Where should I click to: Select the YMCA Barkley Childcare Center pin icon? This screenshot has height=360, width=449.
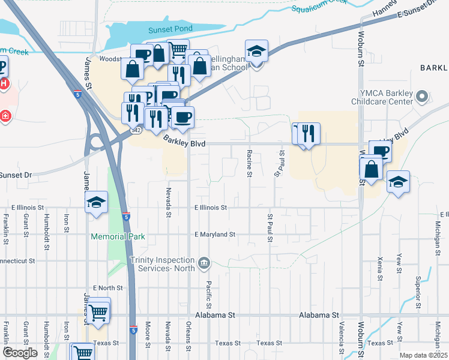422,96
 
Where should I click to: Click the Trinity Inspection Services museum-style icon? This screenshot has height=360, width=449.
204,262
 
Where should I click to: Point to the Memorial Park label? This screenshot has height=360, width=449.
118,236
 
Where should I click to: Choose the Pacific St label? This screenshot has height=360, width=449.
209,291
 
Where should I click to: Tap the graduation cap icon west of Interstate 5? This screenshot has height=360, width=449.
96,203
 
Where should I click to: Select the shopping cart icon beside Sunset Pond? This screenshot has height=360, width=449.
178,50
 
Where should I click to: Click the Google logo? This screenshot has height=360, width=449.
20,353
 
